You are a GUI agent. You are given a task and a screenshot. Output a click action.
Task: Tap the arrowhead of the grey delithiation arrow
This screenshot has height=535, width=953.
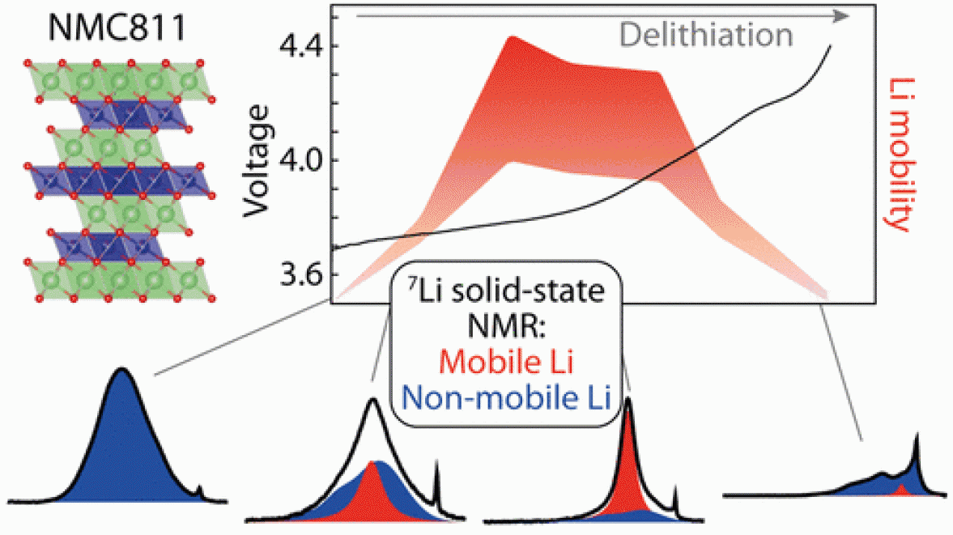tap(842, 15)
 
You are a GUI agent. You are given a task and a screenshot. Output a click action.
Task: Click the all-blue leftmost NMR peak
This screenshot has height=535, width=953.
tap(123, 437)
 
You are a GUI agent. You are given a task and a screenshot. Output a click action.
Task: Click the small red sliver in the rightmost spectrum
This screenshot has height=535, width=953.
tap(902, 490)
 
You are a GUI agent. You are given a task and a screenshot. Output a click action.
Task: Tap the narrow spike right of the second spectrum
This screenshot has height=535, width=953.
tap(437, 482)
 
